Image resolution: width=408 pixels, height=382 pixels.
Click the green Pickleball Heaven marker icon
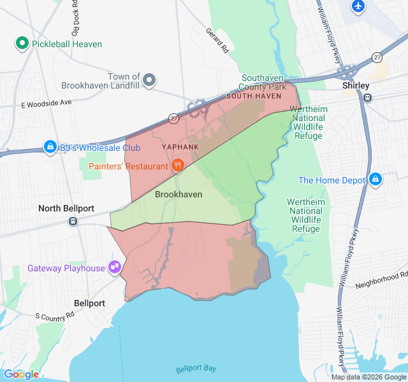[x=22, y=44]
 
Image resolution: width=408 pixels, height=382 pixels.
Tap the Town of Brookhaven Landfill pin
[x=149, y=80]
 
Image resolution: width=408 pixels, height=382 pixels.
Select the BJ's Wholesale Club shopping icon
[x=50, y=148]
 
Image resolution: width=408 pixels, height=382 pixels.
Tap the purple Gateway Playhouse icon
[x=115, y=267]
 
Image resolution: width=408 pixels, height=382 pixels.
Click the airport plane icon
[x=358, y=6]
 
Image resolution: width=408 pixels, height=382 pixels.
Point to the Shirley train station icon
[x=367, y=97]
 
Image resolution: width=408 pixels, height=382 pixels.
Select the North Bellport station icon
[x=73, y=221]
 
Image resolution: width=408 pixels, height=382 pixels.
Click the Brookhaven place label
[x=178, y=194]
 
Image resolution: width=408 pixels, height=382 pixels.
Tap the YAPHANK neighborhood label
[x=180, y=147]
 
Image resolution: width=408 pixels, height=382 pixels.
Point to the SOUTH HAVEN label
[x=254, y=96]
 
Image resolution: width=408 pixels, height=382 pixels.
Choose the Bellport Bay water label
[x=196, y=369]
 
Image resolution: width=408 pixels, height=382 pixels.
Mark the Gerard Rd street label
[x=217, y=39]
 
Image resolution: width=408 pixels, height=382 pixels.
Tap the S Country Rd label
[x=55, y=315]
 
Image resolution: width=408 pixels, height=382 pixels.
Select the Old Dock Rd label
[x=75, y=20]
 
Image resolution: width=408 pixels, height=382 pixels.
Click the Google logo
[x=21, y=374]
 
